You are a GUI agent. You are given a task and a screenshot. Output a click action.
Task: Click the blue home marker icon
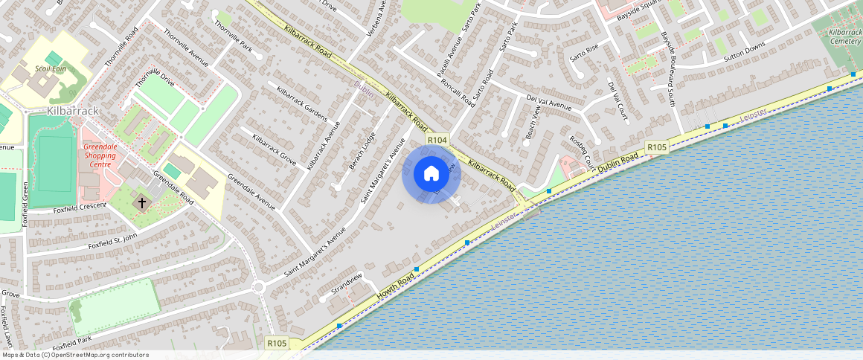[431, 175]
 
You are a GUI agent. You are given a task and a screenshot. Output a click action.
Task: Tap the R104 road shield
[437, 140]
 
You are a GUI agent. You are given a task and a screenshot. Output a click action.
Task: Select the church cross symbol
[142, 202]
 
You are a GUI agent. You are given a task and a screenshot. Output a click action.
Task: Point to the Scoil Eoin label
[51, 69]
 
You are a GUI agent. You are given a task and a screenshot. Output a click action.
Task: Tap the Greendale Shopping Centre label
[100, 152]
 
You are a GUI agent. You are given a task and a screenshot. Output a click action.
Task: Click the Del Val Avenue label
[548, 101]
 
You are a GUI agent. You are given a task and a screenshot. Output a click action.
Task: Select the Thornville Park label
[234, 36]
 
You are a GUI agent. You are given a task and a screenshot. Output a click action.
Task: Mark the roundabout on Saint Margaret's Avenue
[258, 287]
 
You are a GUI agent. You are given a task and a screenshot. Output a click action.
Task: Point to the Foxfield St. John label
[113, 242]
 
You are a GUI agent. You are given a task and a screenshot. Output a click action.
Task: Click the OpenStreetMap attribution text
[74, 355]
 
